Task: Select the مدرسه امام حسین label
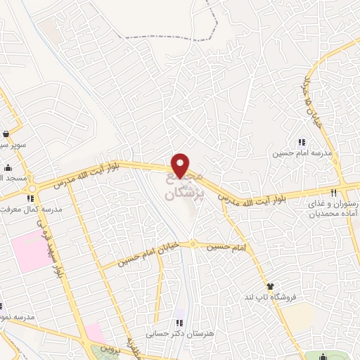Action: [x=302, y=153]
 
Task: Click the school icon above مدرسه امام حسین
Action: [x=302, y=142]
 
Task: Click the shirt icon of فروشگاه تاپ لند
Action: [x=270, y=285]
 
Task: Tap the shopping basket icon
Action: [x=6, y=134]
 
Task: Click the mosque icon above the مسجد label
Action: [x=7, y=167]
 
